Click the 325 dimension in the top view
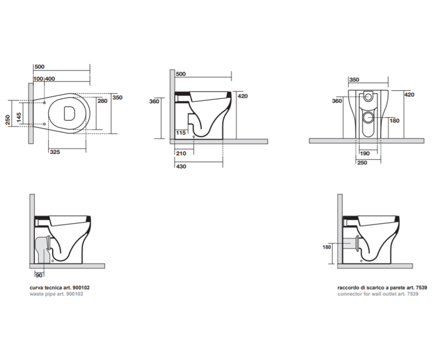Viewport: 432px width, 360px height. [x=55, y=152]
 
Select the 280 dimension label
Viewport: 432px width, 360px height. [x=102, y=101]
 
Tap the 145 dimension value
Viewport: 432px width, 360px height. [x=19, y=117]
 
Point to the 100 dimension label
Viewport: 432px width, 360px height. [x=38, y=79]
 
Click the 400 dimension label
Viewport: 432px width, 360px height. [x=50, y=79]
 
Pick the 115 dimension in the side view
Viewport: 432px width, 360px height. [x=181, y=132]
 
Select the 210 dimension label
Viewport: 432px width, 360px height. [x=181, y=153]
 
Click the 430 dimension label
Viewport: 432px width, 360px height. [x=181, y=166]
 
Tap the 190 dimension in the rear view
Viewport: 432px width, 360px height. [x=365, y=153]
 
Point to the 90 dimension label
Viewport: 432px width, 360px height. [x=39, y=275]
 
